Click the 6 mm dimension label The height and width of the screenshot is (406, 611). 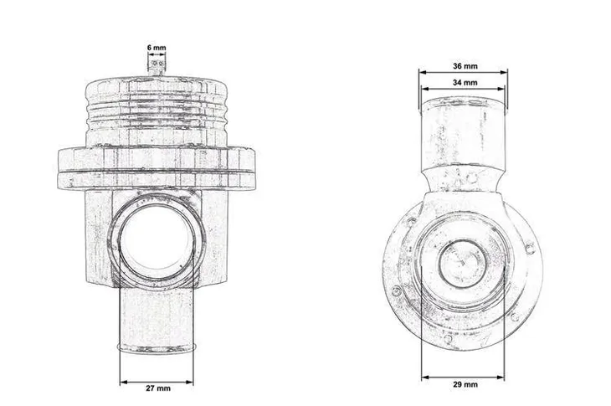pos(156,49)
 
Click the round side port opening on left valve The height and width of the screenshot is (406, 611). pos(157,244)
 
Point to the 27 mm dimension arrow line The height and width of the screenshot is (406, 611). pos(156,382)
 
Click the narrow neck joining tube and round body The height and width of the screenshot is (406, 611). pos(463,177)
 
